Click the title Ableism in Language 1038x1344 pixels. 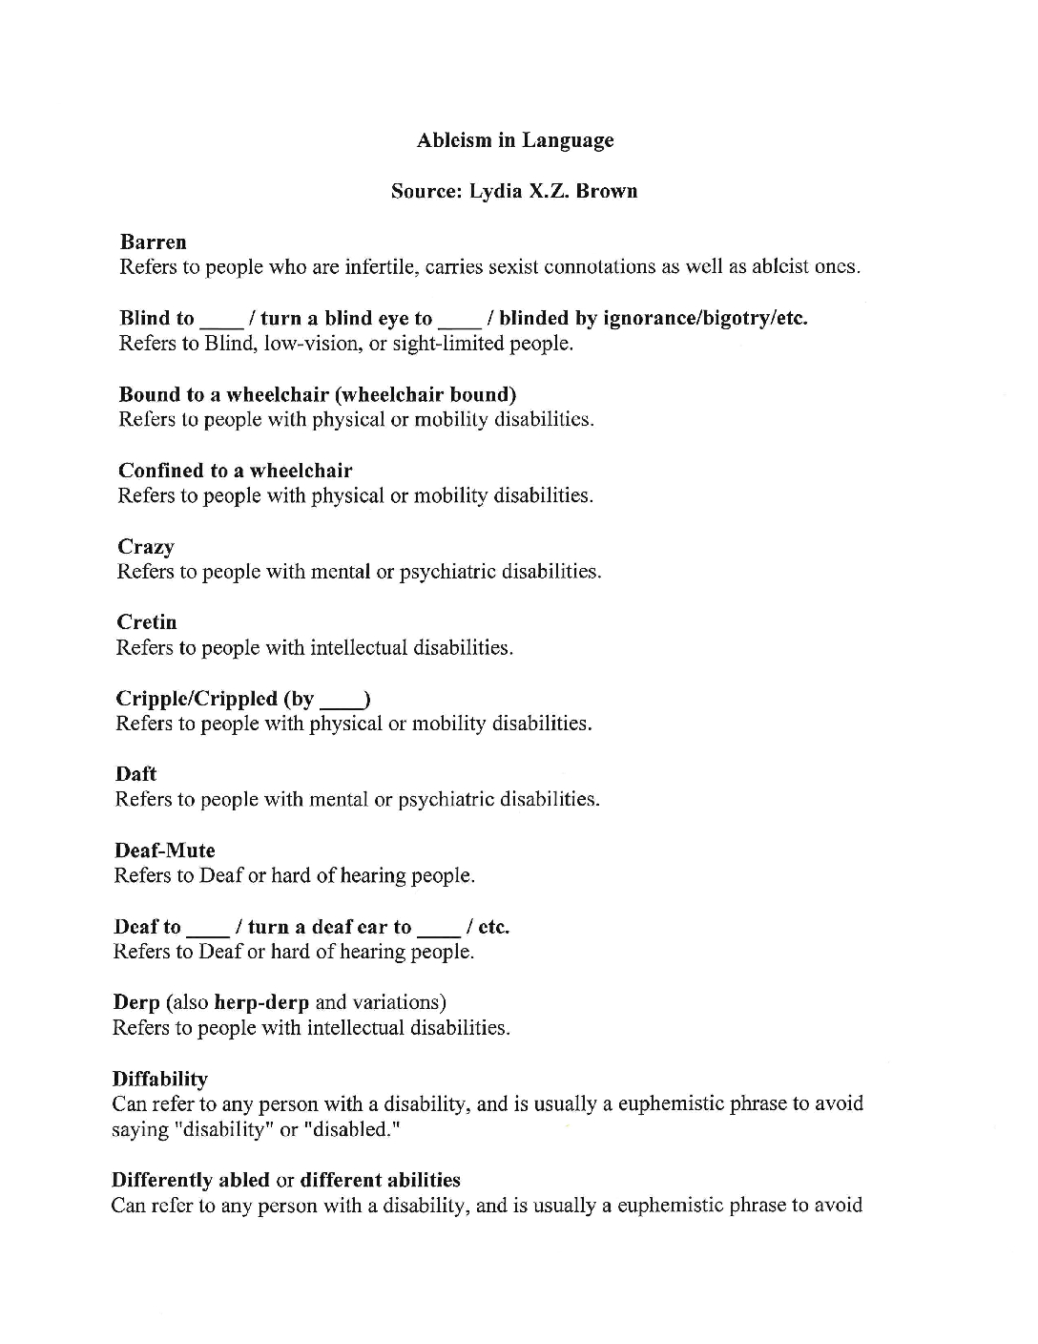[515, 140]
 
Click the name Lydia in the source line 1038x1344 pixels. [496, 191]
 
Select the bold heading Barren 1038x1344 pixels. [153, 241]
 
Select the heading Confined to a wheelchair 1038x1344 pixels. [235, 471]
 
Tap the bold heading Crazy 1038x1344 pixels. [146, 547]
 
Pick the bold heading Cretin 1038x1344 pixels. [147, 622]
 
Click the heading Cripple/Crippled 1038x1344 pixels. [197, 699]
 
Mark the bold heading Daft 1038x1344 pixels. [135, 774]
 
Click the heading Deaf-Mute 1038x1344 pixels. [164, 850]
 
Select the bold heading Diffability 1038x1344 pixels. [159, 1079]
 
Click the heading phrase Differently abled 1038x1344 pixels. [190, 1180]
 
